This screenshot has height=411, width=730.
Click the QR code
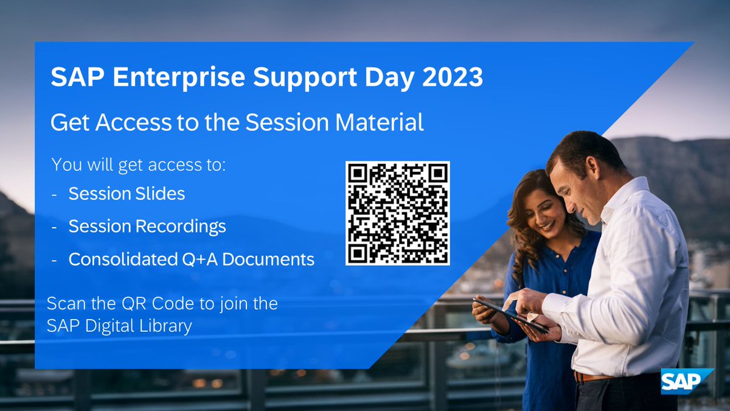[397, 213]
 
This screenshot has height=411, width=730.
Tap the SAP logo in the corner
[686, 382]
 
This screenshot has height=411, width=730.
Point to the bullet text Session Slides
[127, 194]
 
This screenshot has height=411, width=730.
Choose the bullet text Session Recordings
[147, 227]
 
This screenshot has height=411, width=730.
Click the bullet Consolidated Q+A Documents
[191, 259]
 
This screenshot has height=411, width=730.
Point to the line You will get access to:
[138, 164]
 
